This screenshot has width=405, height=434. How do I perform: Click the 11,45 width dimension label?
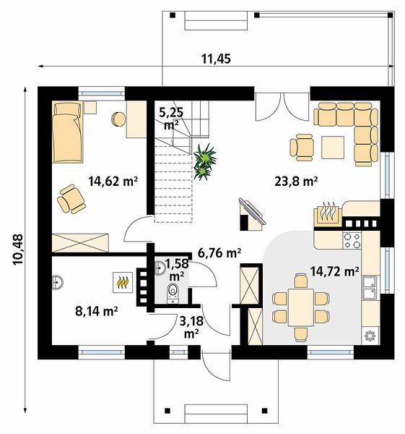coord(216,59)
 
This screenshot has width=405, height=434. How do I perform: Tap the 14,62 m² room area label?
coord(113,182)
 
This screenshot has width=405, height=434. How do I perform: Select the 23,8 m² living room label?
coord(296,182)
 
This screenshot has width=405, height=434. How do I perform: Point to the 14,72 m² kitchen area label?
coord(334,271)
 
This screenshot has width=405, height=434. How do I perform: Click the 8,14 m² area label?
coord(97,311)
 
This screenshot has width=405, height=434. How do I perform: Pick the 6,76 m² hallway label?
coord(219,252)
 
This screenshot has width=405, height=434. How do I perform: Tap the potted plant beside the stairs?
coord(205,162)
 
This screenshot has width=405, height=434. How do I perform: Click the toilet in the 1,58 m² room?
coord(173,293)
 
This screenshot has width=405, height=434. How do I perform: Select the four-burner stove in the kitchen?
coord(352,240)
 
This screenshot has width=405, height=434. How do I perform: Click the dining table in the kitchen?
coord(301,307)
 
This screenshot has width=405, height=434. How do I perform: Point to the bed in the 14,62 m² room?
coord(67,132)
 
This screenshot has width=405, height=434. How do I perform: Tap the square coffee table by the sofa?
coord(333,148)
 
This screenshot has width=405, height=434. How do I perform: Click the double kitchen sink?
coord(370,288)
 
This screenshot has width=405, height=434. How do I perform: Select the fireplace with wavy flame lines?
coord(328,215)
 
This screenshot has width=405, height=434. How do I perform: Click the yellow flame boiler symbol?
coord(123,282)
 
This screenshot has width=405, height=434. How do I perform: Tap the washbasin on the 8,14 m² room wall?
coord(57,283)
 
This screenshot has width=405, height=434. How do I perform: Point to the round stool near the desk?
coord(119,119)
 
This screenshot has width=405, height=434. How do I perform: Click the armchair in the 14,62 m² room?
coord(71,199)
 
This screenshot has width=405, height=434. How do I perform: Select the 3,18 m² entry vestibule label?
coord(191,328)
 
